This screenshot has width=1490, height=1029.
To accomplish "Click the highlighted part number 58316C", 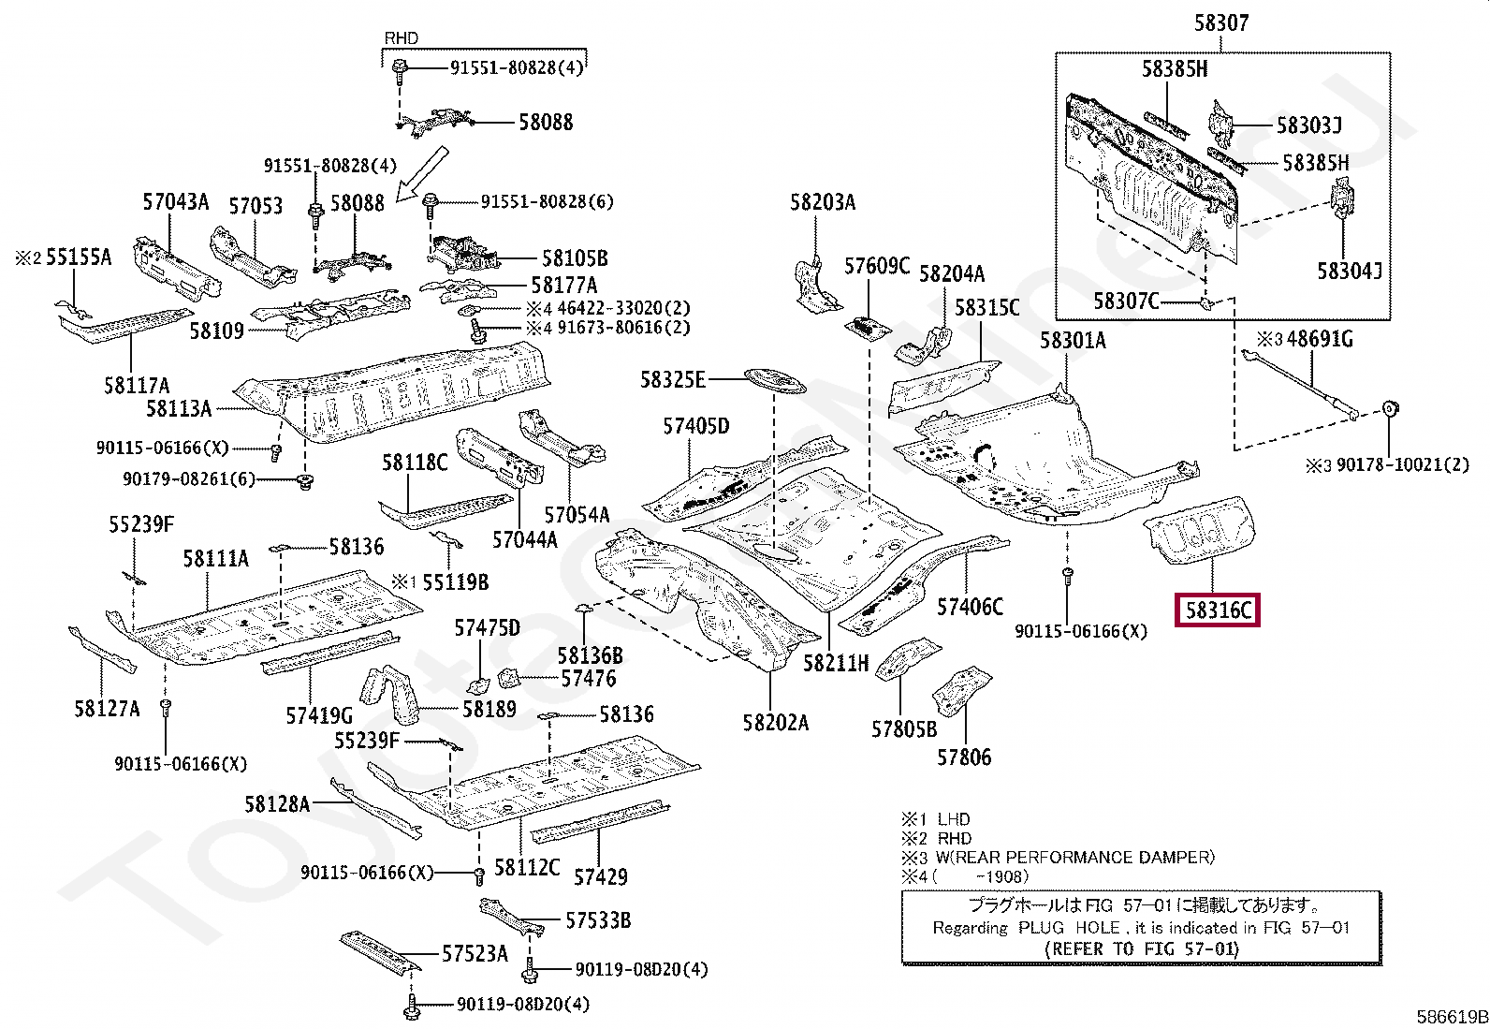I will (1218, 610).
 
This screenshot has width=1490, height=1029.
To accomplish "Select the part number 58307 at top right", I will (1220, 22).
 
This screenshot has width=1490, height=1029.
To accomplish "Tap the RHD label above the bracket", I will (402, 38).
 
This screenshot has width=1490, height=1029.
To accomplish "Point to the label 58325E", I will (672, 379).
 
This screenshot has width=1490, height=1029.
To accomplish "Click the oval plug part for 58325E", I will (774, 382).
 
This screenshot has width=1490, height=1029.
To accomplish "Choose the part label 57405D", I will (695, 427).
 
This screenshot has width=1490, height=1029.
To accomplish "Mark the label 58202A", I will (775, 723).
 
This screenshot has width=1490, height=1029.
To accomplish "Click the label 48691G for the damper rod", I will (1319, 339).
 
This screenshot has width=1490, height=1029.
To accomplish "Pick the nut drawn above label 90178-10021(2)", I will (1390, 408).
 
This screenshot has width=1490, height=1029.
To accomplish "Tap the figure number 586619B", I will (1451, 1017).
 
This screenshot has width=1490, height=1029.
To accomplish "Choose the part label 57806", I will (964, 757).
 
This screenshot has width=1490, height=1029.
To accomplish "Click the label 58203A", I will (822, 202).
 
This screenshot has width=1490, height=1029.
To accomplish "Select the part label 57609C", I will (876, 266).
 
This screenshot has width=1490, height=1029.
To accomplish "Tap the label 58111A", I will (215, 559).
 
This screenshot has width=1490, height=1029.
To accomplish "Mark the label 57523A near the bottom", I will (475, 954).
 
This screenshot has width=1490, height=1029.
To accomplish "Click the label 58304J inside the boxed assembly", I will (1349, 272).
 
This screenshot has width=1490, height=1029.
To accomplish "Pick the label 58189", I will (489, 710).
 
